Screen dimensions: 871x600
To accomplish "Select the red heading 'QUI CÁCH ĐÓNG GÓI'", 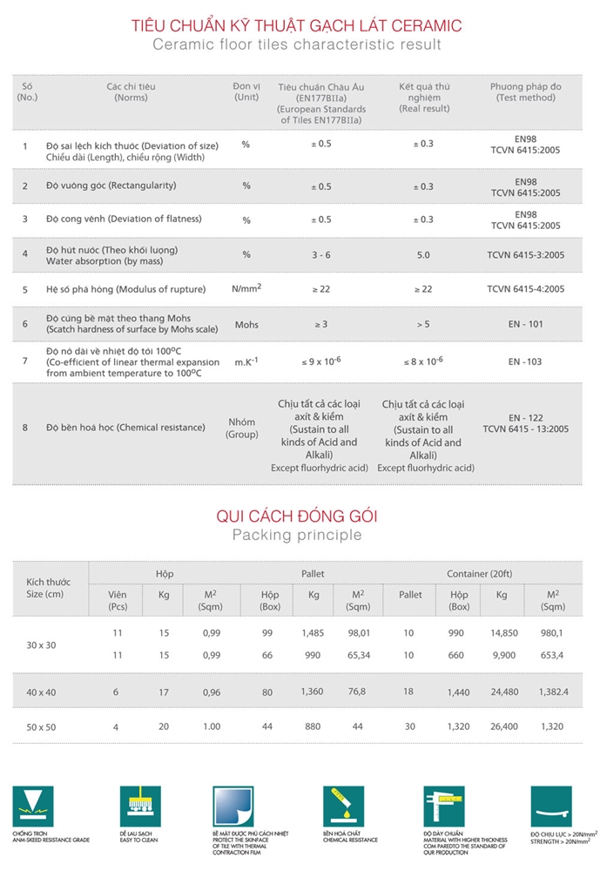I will pyautogui.click(x=296, y=517).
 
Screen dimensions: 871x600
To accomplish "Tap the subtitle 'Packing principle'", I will pyautogui.click(x=296, y=535).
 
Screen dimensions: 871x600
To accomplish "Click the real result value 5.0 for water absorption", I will pyautogui.click(x=424, y=254).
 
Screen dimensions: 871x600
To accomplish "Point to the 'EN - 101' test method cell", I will pyautogui.click(x=525, y=324).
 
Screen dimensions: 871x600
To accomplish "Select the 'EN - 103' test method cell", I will pyautogui.click(x=525, y=361).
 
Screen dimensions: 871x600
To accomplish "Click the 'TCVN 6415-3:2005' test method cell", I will pyautogui.click(x=525, y=254).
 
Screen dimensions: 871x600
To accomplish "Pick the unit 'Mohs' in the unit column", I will pyautogui.click(x=246, y=324).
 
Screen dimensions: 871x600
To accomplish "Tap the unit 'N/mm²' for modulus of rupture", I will pyautogui.click(x=246, y=288).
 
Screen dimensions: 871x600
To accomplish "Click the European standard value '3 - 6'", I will pyautogui.click(x=321, y=254).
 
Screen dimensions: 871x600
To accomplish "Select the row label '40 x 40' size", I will pyautogui.click(x=41, y=692).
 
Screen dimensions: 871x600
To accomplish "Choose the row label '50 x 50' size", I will pyautogui.click(x=41, y=726).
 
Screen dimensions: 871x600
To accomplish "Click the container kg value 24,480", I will pyautogui.click(x=502, y=692).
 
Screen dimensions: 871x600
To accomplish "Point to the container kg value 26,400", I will pyautogui.click(x=502, y=726).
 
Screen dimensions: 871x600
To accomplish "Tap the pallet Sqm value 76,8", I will pyautogui.click(x=358, y=692).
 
